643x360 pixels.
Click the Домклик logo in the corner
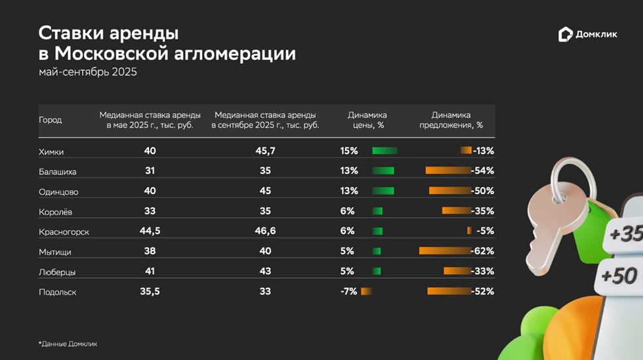tap(587, 35)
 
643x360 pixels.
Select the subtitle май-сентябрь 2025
tap(87, 72)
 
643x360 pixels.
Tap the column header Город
tap(51, 120)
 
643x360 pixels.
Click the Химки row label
tap(52, 151)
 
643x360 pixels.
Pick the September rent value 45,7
tap(265, 151)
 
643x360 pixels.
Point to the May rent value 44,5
tap(150, 231)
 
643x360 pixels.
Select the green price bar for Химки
tap(384, 151)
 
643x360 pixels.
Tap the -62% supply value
tap(482, 250)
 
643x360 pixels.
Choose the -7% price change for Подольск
tap(348, 291)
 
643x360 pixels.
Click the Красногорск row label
tap(64, 231)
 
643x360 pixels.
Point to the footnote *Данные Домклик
tap(68, 344)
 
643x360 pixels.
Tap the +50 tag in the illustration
tap(618, 276)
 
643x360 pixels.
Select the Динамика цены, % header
tap(367, 120)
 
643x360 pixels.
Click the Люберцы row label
tap(57, 271)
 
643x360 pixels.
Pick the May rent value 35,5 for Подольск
tap(150, 291)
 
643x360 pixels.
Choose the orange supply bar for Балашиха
tap(448, 170)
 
